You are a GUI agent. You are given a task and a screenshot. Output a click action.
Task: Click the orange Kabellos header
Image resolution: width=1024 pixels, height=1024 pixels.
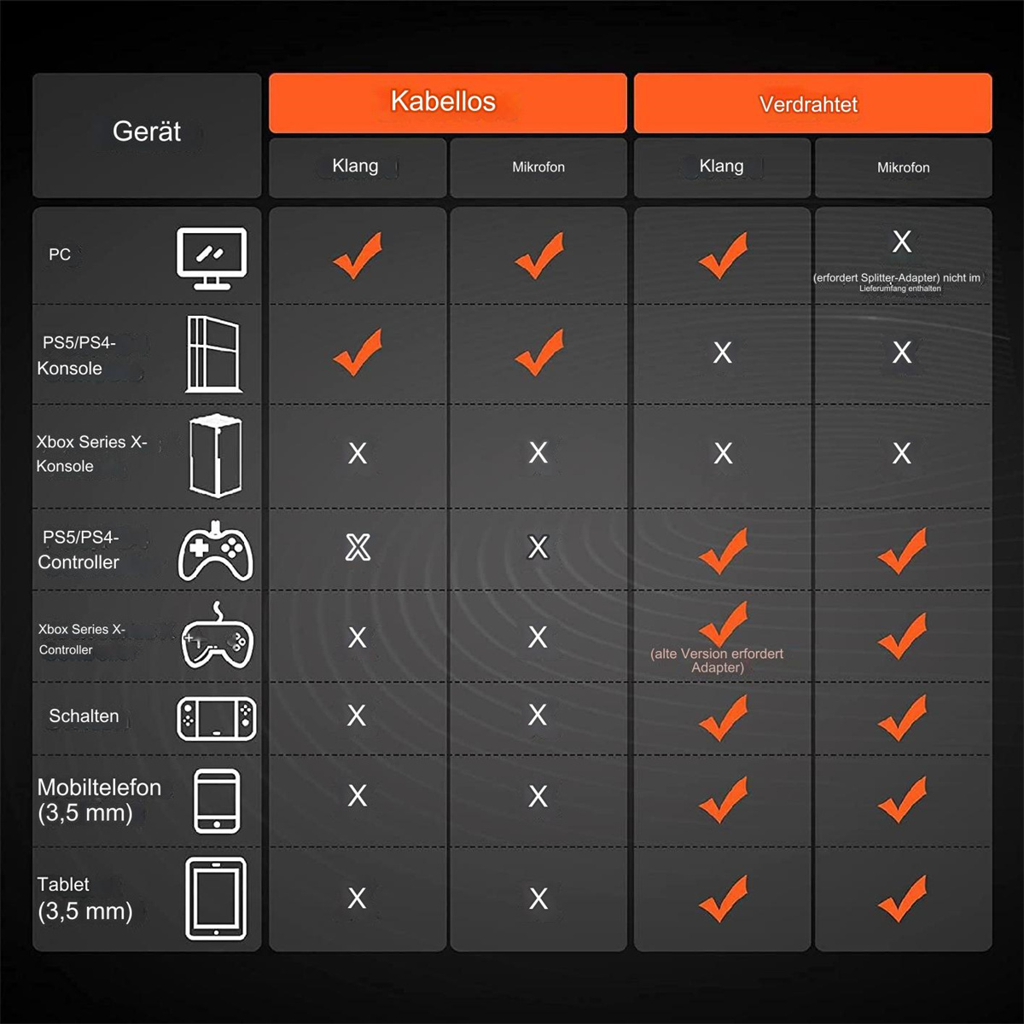(447, 102)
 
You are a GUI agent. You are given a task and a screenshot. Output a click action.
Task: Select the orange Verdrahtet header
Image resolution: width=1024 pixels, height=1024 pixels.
(812, 102)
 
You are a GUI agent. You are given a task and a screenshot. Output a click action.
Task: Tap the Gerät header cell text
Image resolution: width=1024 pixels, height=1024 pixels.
(147, 131)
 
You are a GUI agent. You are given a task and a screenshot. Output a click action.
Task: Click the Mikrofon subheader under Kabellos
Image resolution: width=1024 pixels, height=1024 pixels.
(538, 167)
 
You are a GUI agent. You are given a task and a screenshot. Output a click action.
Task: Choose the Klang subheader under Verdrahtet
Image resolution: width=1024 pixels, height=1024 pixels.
(721, 166)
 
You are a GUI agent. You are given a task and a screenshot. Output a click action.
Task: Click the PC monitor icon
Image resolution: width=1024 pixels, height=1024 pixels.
(212, 259)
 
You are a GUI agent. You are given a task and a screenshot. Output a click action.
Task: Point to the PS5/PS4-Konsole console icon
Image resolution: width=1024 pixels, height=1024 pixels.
(213, 354)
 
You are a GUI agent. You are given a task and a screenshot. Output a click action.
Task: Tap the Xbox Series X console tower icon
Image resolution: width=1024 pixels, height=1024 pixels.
(215, 456)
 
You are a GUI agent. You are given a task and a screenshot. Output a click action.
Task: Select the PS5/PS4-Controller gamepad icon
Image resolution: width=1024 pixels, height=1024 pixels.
(215, 551)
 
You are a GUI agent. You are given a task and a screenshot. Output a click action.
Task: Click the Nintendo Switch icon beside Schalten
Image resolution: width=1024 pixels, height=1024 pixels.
(216, 719)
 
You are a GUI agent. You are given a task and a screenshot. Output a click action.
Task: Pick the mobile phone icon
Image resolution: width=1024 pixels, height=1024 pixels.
(217, 800)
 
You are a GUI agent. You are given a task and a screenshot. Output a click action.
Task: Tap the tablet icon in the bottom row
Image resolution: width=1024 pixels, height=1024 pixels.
(216, 899)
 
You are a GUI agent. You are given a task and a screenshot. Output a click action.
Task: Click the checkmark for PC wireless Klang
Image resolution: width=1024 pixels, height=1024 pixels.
(358, 255)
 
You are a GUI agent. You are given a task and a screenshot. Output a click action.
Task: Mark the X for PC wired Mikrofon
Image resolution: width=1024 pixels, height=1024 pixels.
(902, 241)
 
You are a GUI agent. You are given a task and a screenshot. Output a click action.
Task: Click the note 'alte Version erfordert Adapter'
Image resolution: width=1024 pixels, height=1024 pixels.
(717, 660)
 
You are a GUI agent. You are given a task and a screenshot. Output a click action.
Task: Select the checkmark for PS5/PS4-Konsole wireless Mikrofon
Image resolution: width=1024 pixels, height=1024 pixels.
(538, 352)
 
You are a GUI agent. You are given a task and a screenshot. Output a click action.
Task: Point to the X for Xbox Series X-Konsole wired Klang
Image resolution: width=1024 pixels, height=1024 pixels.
(723, 453)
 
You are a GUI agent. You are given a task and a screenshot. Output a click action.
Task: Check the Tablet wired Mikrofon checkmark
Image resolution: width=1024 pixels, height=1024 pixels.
(902, 898)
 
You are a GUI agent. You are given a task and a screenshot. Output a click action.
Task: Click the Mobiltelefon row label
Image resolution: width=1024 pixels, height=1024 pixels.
(99, 800)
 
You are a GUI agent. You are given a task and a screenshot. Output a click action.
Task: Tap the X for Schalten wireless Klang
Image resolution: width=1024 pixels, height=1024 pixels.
(357, 715)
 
